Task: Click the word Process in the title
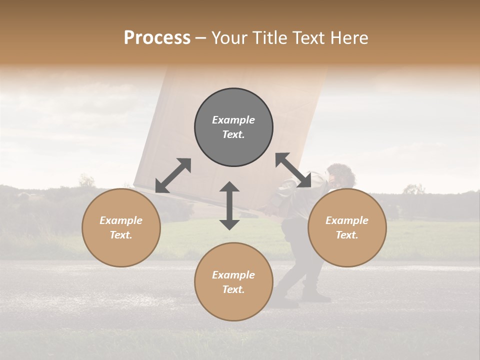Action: click(x=157, y=38)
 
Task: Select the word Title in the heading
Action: click(x=267, y=38)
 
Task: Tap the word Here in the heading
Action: click(x=348, y=38)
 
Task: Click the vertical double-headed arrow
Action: click(x=229, y=205)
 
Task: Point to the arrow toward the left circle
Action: click(x=173, y=175)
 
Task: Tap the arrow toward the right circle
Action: click(x=293, y=170)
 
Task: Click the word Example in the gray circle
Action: click(x=233, y=120)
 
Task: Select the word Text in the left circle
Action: click(x=121, y=235)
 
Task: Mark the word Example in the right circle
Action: click(x=347, y=220)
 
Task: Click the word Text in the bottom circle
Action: click(x=233, y=289)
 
